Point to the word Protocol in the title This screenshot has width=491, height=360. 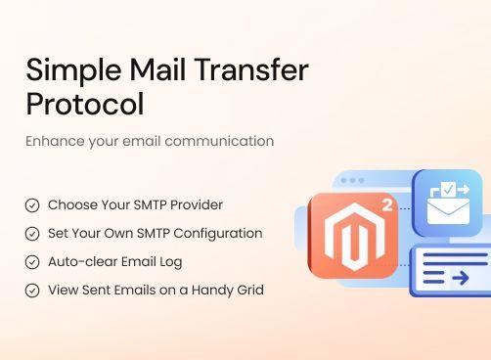(x=84, y=103)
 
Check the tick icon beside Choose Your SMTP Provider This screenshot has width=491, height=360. (x=32, y=205)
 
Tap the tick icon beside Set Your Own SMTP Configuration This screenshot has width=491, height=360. (x=32, y=234)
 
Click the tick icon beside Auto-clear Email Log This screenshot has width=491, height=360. (x=32, y=262)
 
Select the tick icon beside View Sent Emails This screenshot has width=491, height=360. (x=32, y=291)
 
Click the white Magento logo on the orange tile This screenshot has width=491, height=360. (x=351, y=237)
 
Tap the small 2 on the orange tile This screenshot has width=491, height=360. (x=387, y=205)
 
